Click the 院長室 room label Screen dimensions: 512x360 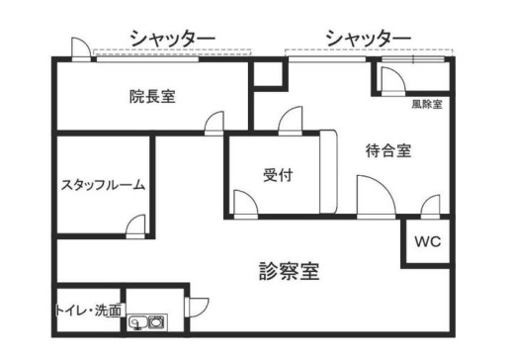point(152,97)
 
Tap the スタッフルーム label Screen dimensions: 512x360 point(103,185)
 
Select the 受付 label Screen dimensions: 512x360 point(278,175)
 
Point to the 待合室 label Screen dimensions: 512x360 point(388,150)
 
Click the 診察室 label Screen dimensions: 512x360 point(290,271)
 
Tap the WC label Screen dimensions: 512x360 point(428,241)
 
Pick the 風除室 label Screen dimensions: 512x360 point(427,104)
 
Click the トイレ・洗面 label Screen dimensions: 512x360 point(88,311)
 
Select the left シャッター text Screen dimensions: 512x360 point(173,39)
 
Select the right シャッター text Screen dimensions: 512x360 point(369,39)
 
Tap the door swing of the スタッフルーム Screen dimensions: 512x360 point(135,226)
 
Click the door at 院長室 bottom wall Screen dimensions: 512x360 point(214,124)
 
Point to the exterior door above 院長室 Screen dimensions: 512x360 point(81,49)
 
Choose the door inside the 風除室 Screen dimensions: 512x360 point(393,81)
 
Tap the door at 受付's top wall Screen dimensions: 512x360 point(291,121)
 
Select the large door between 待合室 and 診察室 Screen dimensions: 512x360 point(377,197)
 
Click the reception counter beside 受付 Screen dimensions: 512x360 point(328,171)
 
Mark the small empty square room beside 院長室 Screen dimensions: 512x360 point(268,74)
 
